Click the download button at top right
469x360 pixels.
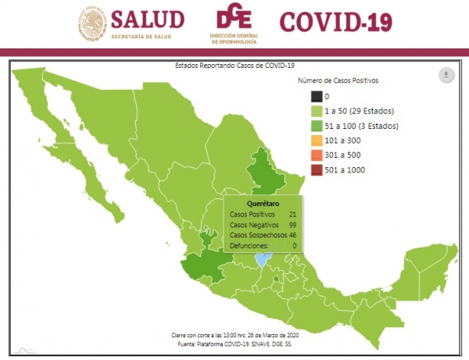pos(446,75)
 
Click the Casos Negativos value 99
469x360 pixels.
pos(291,225)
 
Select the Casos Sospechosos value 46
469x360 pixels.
pos(291,235)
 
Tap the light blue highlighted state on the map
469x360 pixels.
pos(263,258)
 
